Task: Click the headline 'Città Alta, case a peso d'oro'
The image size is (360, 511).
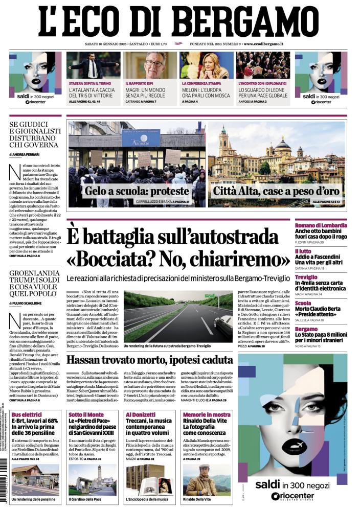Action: [276, 192]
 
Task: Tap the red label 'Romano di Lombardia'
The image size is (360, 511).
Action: [321, 225]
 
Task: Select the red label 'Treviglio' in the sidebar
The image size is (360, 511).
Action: [306, 277]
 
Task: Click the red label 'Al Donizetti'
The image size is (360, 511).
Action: [140, 401]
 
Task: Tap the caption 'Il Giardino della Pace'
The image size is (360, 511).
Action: [85, 499]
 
